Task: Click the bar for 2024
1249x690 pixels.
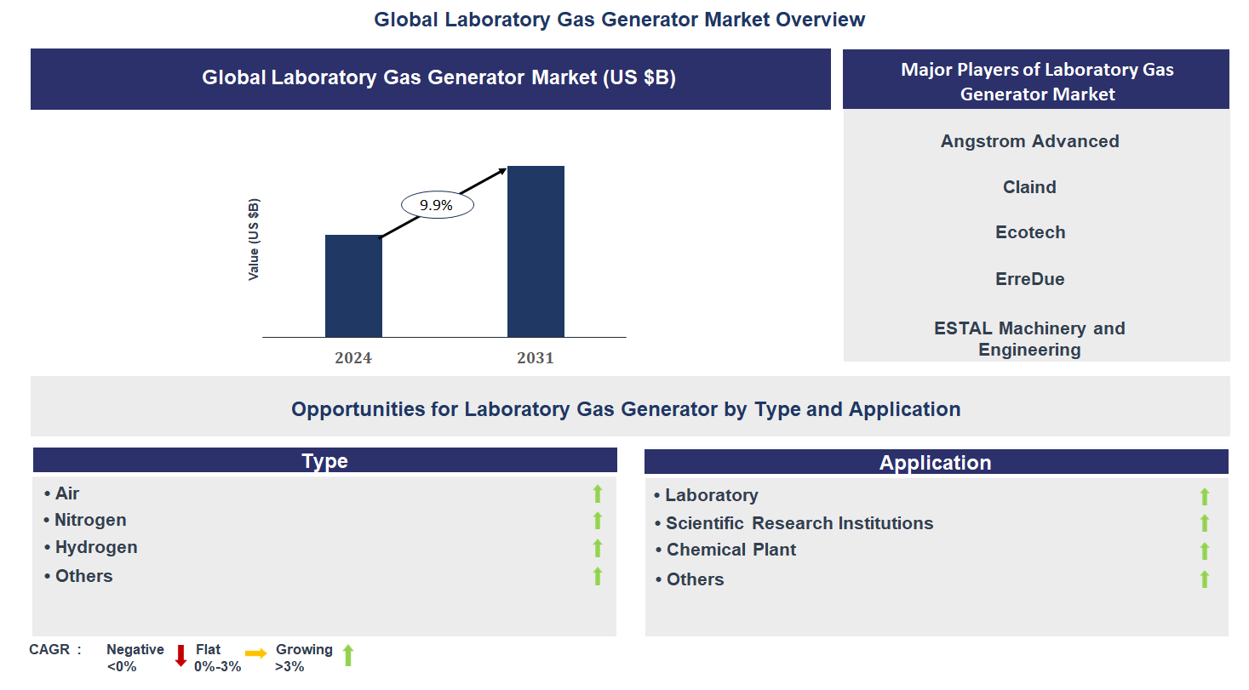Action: pyautogui.click(x=353, y=286)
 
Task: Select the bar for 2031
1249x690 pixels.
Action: pyautogui.click(x=536, y=252)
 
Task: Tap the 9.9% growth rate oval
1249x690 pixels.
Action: pyautogui.click(x=437, y=205)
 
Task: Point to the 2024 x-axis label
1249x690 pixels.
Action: pyautogui.click(x=353, y=358)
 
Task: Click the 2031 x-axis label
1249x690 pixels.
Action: pyautogui.click(x=536, y=358)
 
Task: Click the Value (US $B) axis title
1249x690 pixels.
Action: pyautogui.click(x=254, y=240)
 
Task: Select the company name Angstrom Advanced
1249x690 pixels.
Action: pyautogui.click(x=1029, y=141)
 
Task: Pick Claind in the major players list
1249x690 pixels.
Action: pyautogui.click(x=1029, y=187)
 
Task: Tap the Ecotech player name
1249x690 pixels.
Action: pyautogui.click(x=1030, y=232)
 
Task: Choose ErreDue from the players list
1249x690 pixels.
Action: pyautogui.click(x=1030, y=279)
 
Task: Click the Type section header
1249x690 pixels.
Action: pyautogui.click(x=324, y=461)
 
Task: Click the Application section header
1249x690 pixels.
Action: pyautogui.click(x=935, y=463)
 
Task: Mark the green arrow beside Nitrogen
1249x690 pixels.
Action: pyautogui.click(x=598, y=521)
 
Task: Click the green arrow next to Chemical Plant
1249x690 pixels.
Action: pyautogui.click(x=1205, y=551)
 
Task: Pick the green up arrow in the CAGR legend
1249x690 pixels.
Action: pyautogui.click(x=347, y=655)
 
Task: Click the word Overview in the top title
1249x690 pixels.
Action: pyautogui.click(x=824, y=20)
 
